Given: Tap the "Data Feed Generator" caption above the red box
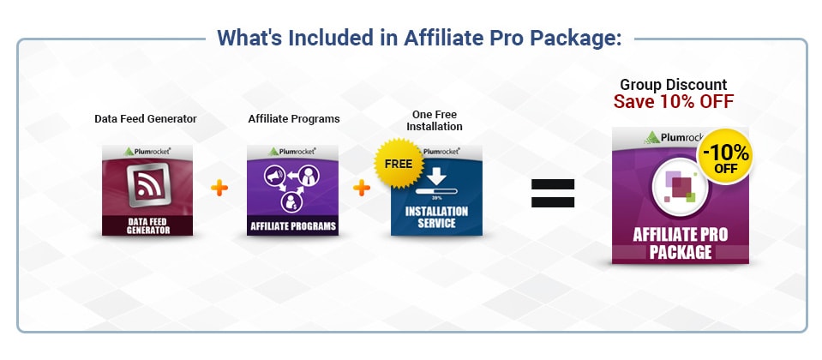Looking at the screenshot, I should click(146, 119).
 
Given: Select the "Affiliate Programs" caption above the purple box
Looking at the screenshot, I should click(294, 119).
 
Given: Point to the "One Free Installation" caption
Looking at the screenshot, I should click(435, 119).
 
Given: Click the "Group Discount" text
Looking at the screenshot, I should click(673, 85).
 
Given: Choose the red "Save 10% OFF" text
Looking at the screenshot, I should click(673, 102).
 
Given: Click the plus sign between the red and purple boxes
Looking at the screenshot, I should click(220, 188).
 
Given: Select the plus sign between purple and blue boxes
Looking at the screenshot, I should click(363, 188).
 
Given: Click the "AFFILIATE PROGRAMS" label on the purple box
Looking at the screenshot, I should click(292, 227).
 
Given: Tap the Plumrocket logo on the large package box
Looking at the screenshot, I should click(674, 136).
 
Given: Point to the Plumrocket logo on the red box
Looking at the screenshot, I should click(147, 151).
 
